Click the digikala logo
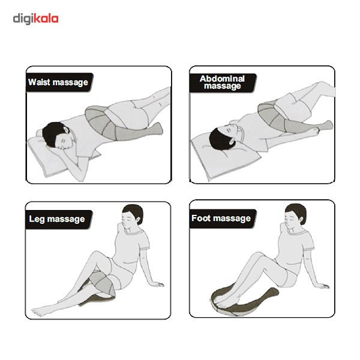35,19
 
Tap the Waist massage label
58,82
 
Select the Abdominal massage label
222,82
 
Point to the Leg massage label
57,219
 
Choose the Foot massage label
221,218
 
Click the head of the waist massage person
58,136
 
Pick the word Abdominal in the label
222,79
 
